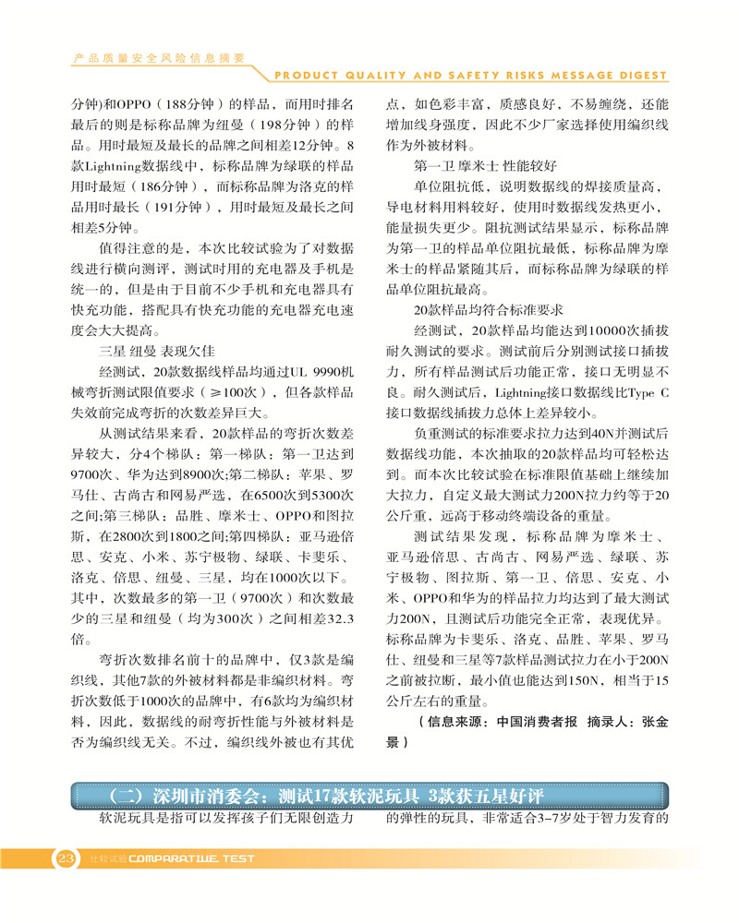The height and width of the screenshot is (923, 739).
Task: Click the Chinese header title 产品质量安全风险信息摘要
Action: (159, 57)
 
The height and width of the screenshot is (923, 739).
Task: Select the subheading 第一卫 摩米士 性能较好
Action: (485, 167)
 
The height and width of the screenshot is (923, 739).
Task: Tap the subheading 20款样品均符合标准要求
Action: (489, 309)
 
